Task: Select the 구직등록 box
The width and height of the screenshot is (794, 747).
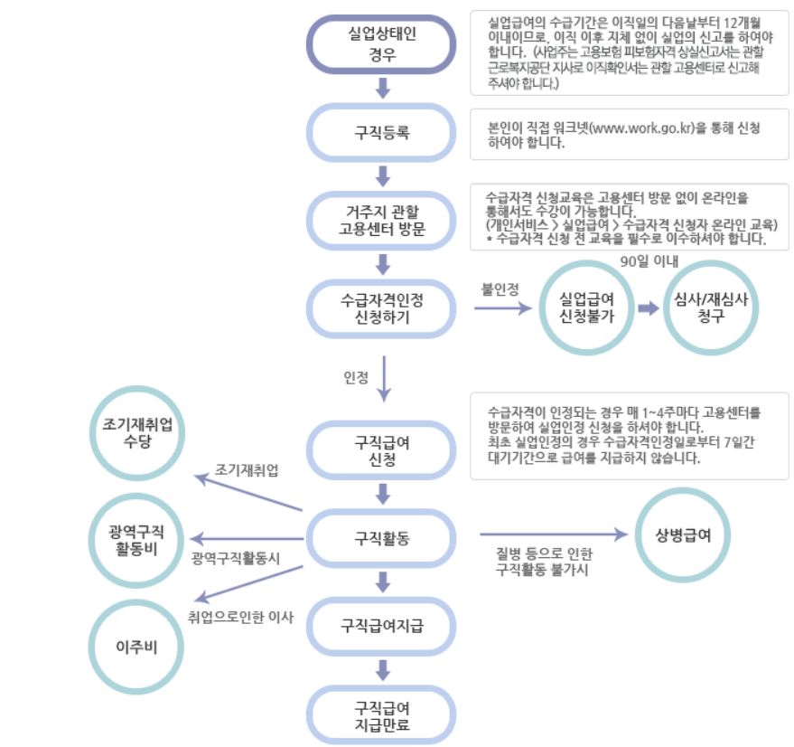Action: click(x=382, y=133)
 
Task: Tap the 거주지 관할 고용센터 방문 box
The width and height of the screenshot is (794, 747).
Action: click(x=382, y=220)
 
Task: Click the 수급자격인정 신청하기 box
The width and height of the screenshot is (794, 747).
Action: click(x=382, y=308)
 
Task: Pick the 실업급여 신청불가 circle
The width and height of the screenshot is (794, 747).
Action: click(x=587, y=308)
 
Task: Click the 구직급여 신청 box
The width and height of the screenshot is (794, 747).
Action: click(x=382, y=449)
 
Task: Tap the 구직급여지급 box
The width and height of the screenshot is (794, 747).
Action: click(x=382, y=626)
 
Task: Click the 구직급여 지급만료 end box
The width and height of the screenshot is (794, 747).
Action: click(x=382, y=714)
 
